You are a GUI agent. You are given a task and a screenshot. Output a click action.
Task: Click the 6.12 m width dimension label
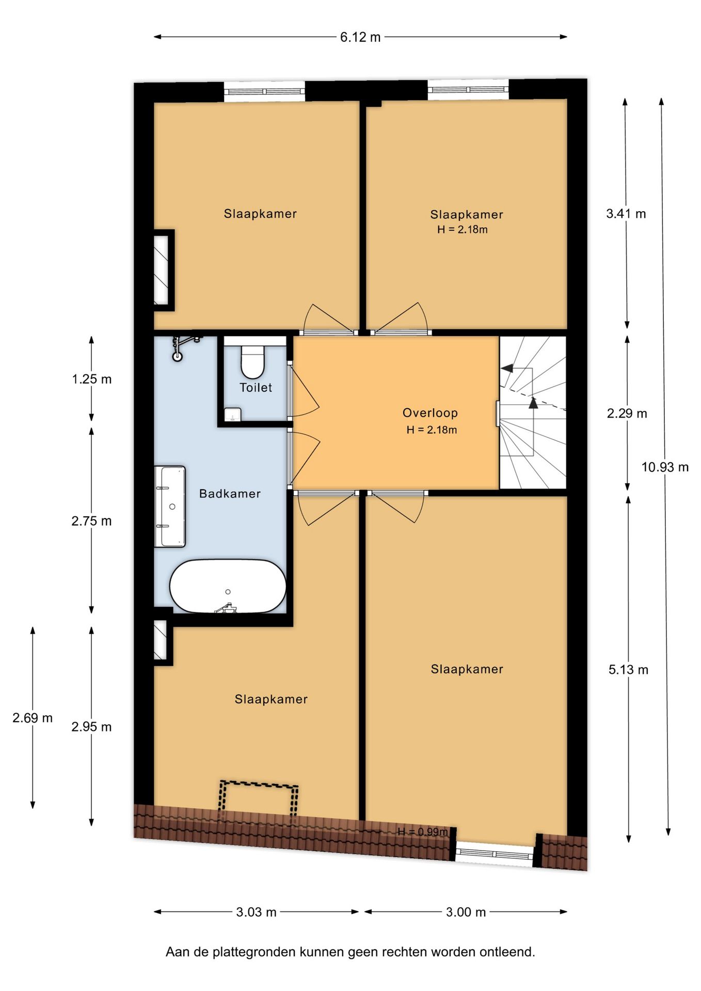coord(360,37)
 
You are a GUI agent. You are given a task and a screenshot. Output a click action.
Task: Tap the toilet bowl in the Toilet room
coord(252,362)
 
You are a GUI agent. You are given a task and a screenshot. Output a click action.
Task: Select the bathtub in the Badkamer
coord(228,586)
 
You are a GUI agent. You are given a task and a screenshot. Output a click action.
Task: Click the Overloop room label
coord(430,413)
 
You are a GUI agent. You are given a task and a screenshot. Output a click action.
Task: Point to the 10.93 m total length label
coord(664,467)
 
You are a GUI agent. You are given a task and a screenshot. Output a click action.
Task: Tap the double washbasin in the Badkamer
coord(170,506)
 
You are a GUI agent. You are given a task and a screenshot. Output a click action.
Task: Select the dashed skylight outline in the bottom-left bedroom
coord(259,801)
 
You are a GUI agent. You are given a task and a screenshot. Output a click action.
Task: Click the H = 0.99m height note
coord(423,832)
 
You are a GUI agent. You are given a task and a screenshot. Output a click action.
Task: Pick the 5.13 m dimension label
coord(628,670)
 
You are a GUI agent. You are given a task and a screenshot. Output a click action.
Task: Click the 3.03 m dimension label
coord(256,912)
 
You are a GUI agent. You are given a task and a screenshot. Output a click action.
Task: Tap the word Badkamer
coord(230,494)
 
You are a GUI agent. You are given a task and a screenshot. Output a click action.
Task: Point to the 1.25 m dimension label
coord(91,379)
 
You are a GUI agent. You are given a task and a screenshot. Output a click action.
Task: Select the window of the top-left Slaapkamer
coord(264,91)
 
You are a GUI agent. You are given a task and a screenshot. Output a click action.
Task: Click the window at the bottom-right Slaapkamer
coord(494,854)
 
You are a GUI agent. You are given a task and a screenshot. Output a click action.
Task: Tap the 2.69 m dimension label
coord(33,718)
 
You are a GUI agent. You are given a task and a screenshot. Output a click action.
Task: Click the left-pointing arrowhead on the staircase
coord(506,368)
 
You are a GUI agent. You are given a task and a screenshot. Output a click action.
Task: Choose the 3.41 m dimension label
coord(626,214)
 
